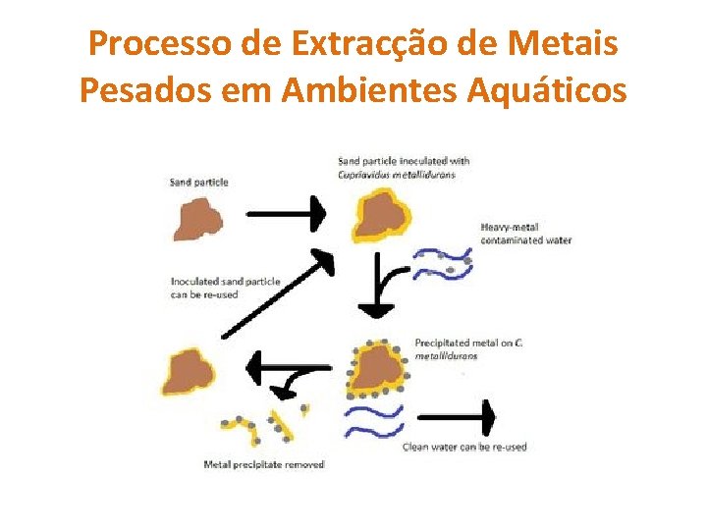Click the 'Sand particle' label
(198, 182)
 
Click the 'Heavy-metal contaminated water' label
(525, 234)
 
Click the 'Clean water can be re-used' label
(464, 447)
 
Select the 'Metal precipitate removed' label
(263, 463)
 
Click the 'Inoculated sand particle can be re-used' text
(225, 288)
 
